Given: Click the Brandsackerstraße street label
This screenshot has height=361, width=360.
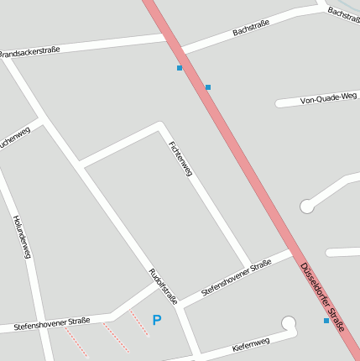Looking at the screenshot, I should click(x=29, y=52).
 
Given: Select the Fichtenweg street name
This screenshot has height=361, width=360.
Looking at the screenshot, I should click(x=180, y=158).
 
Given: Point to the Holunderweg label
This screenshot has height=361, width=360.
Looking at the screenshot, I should click(x=22, y=236).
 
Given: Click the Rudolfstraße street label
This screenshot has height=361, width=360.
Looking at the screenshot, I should click(x=163, y=285).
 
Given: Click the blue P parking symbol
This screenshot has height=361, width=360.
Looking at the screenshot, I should click(x=156, y=320).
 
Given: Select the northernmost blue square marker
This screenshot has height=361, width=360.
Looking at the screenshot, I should click(x=180, y=68).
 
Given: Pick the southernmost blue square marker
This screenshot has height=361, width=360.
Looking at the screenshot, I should click(x=326, y=321).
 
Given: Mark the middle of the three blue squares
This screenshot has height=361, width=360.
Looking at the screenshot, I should click(x=208, y=87).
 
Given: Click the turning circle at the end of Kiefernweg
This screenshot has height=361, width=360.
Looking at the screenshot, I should click(x=290, y=322).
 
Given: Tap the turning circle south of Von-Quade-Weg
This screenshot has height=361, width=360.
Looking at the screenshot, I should click(x=307, y=206).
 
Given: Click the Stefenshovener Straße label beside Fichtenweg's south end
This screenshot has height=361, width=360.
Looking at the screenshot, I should click(x=237, y=277).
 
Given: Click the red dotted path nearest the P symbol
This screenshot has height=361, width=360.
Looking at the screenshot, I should click(x=138, y=322).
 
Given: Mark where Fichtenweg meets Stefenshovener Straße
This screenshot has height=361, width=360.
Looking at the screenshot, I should click(x=248, y=266).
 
